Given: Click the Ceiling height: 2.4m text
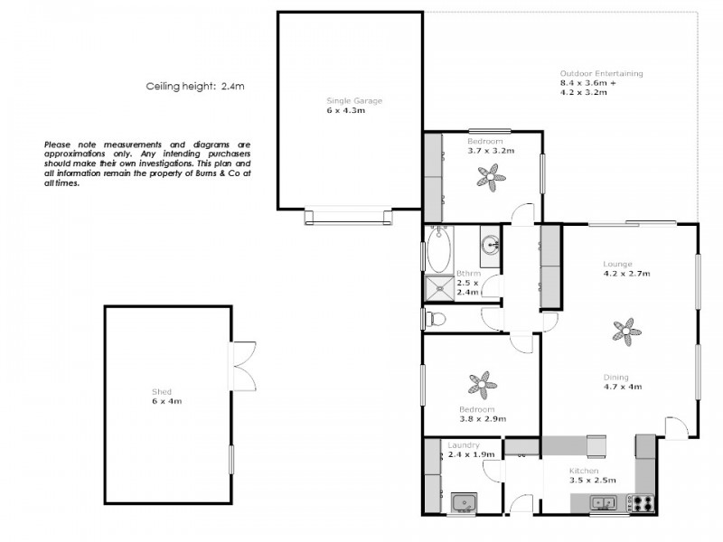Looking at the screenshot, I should [x=195, y=87].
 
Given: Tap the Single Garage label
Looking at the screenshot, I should [x=348, y=101].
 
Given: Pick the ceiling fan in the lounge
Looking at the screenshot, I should [x=624, y=332].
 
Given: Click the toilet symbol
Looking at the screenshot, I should [x=436, y=318].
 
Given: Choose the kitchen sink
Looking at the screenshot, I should [x=603, y=502].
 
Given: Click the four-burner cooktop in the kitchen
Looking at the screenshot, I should [x=643, y=502].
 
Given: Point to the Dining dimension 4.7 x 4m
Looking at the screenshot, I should [x=622, y=388].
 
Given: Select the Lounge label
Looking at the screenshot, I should [x=618, y=264].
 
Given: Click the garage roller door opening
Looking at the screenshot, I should [x=349, y=215].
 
